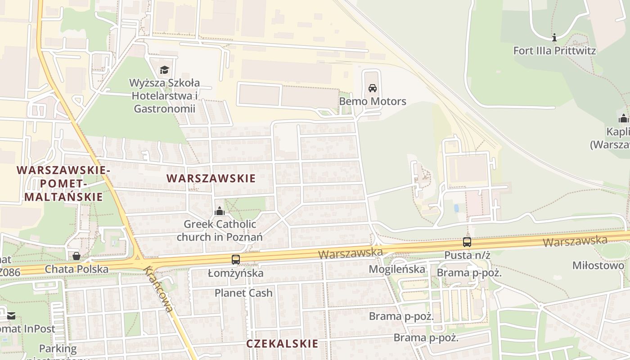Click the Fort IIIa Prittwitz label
(554, 50)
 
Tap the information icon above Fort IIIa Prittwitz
(554, 37)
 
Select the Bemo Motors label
(373, 101)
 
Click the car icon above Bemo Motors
(373, 88)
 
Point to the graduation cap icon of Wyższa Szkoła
(164, 70)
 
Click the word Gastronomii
(165, 108)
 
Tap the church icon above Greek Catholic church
(219, 211)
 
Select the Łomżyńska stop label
(235, 273)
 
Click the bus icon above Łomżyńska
(235, 259)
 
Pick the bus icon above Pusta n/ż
(467, 242)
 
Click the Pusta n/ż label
(467, 255)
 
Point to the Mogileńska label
(397, 269)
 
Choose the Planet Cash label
(243, 293)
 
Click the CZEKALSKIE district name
(282, 344)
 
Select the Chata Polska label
(76, 269)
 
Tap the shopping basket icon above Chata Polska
(76, 256)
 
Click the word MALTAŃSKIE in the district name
(63, 197)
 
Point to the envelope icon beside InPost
(11, 316)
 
